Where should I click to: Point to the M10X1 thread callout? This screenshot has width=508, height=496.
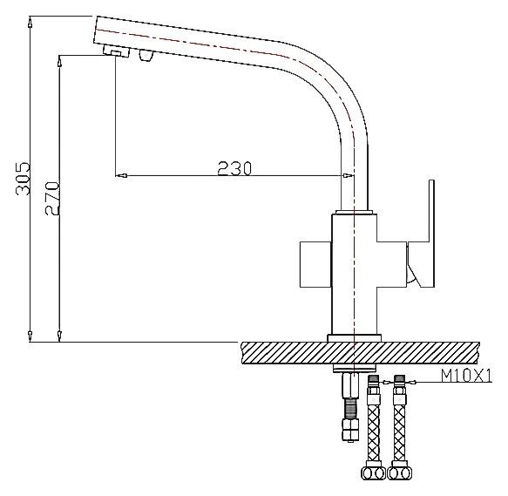click(466, 377)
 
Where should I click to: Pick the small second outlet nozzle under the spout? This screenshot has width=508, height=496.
click(146, 57)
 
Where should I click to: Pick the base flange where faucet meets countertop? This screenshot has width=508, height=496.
click(354, 337)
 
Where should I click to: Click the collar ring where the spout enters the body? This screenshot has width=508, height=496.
click(354, 212)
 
